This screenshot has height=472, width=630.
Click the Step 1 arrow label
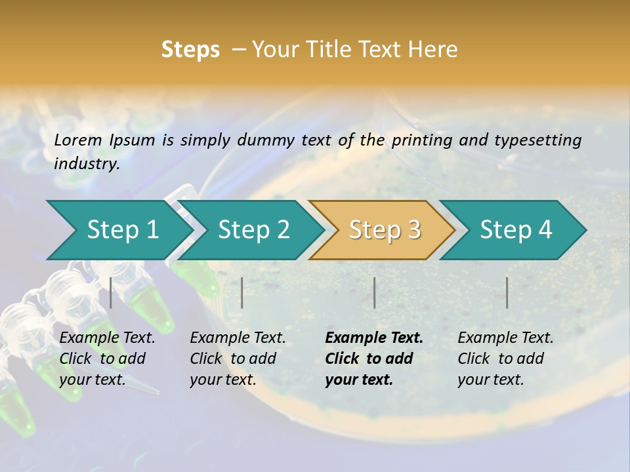pos(123,229)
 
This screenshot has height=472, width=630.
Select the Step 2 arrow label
pos(254,229)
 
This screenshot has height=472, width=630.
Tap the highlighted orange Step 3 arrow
pos(385,229)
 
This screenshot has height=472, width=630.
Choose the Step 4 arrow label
pos(516,229)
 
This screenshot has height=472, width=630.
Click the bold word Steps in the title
pos(190,50)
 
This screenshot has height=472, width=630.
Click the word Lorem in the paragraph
pos(78,140)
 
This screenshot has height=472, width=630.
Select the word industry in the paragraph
pos(86,163)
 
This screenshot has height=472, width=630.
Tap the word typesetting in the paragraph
pos(537,140)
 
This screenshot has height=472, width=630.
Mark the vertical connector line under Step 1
pos(111,292)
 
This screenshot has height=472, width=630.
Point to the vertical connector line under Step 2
pos(242,292)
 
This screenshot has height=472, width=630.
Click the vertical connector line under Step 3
pos(374,292)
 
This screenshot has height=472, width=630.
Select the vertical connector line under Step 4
pos(507,292)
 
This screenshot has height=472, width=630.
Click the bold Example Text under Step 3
pos(374,338)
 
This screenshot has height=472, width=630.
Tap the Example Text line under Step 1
pos(107,338)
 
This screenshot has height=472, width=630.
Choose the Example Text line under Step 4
pos(505,338)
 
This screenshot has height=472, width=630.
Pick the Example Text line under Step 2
pos(238,338)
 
